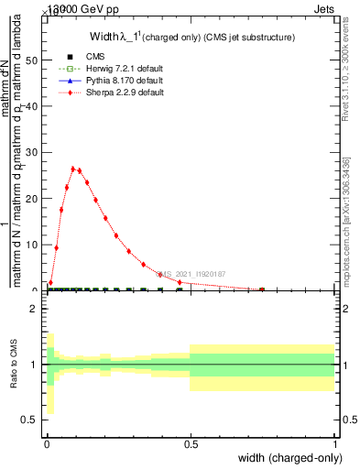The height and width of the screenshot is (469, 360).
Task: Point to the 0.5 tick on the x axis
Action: [190, 444]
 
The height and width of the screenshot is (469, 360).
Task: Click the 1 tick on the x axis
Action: [334, 444]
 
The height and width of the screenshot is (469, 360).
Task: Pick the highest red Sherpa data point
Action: [72, 169]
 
